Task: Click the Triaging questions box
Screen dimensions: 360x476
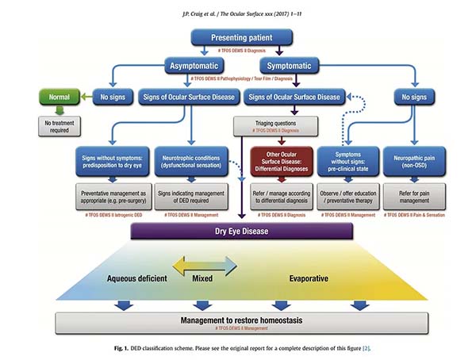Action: pos(274,124)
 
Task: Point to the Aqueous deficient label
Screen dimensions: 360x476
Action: pos(137,278)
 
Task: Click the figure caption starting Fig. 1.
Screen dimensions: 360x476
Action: pos(239,348)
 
